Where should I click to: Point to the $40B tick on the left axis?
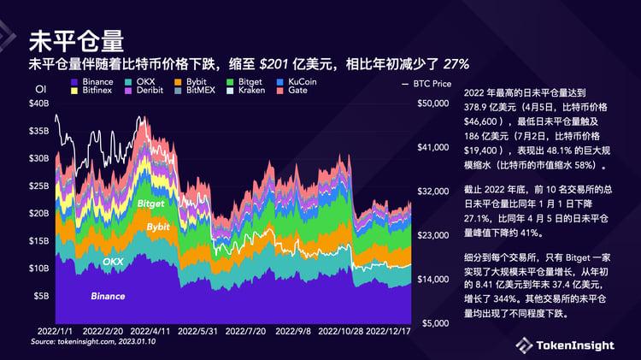[x=39, y=103]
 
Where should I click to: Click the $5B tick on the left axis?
[x=42, y=296]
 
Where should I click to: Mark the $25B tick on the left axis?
[x=39, y=186]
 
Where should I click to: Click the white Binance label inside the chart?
[x=108, y=296]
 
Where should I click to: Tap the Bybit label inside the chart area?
[x=158, y=227]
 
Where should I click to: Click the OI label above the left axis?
[x=39, y=88]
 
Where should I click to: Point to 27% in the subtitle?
[x=456, y=64]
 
